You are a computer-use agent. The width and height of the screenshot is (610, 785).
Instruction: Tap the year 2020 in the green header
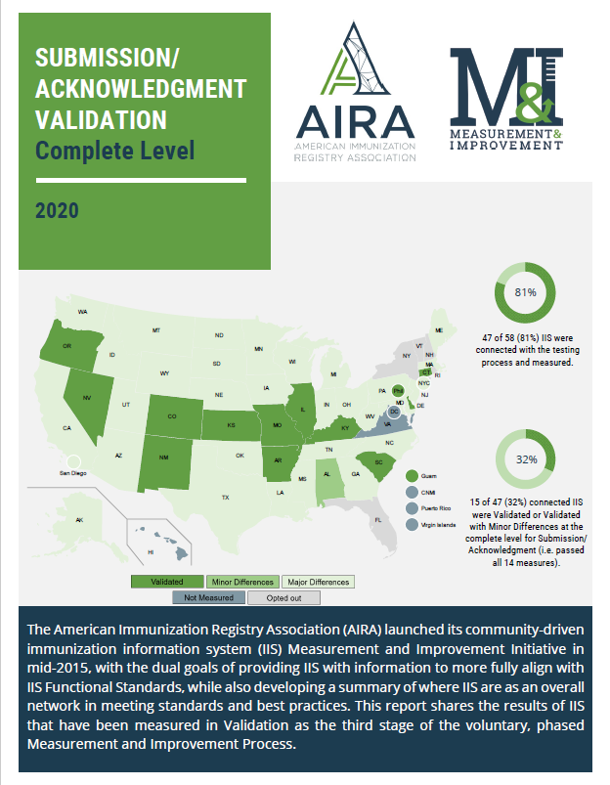click(57, 209)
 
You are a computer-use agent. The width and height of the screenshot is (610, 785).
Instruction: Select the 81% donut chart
click(525, 291)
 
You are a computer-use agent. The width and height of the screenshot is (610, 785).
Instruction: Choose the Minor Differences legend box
click(240, 581)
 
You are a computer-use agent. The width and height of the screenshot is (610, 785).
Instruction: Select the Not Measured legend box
click(208, 597)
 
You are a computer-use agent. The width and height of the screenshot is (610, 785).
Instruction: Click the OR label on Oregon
click(66, 346)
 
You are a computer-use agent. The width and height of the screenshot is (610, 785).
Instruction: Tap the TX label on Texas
click(225, 498)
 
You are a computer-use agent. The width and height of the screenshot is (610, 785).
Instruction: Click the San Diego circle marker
click(74, 459)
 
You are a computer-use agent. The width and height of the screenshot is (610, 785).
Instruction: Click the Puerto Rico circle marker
click(413, 507)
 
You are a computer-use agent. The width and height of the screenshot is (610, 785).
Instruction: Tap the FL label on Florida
click(377, 520)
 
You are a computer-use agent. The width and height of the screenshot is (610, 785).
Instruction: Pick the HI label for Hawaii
click(151, 552)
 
